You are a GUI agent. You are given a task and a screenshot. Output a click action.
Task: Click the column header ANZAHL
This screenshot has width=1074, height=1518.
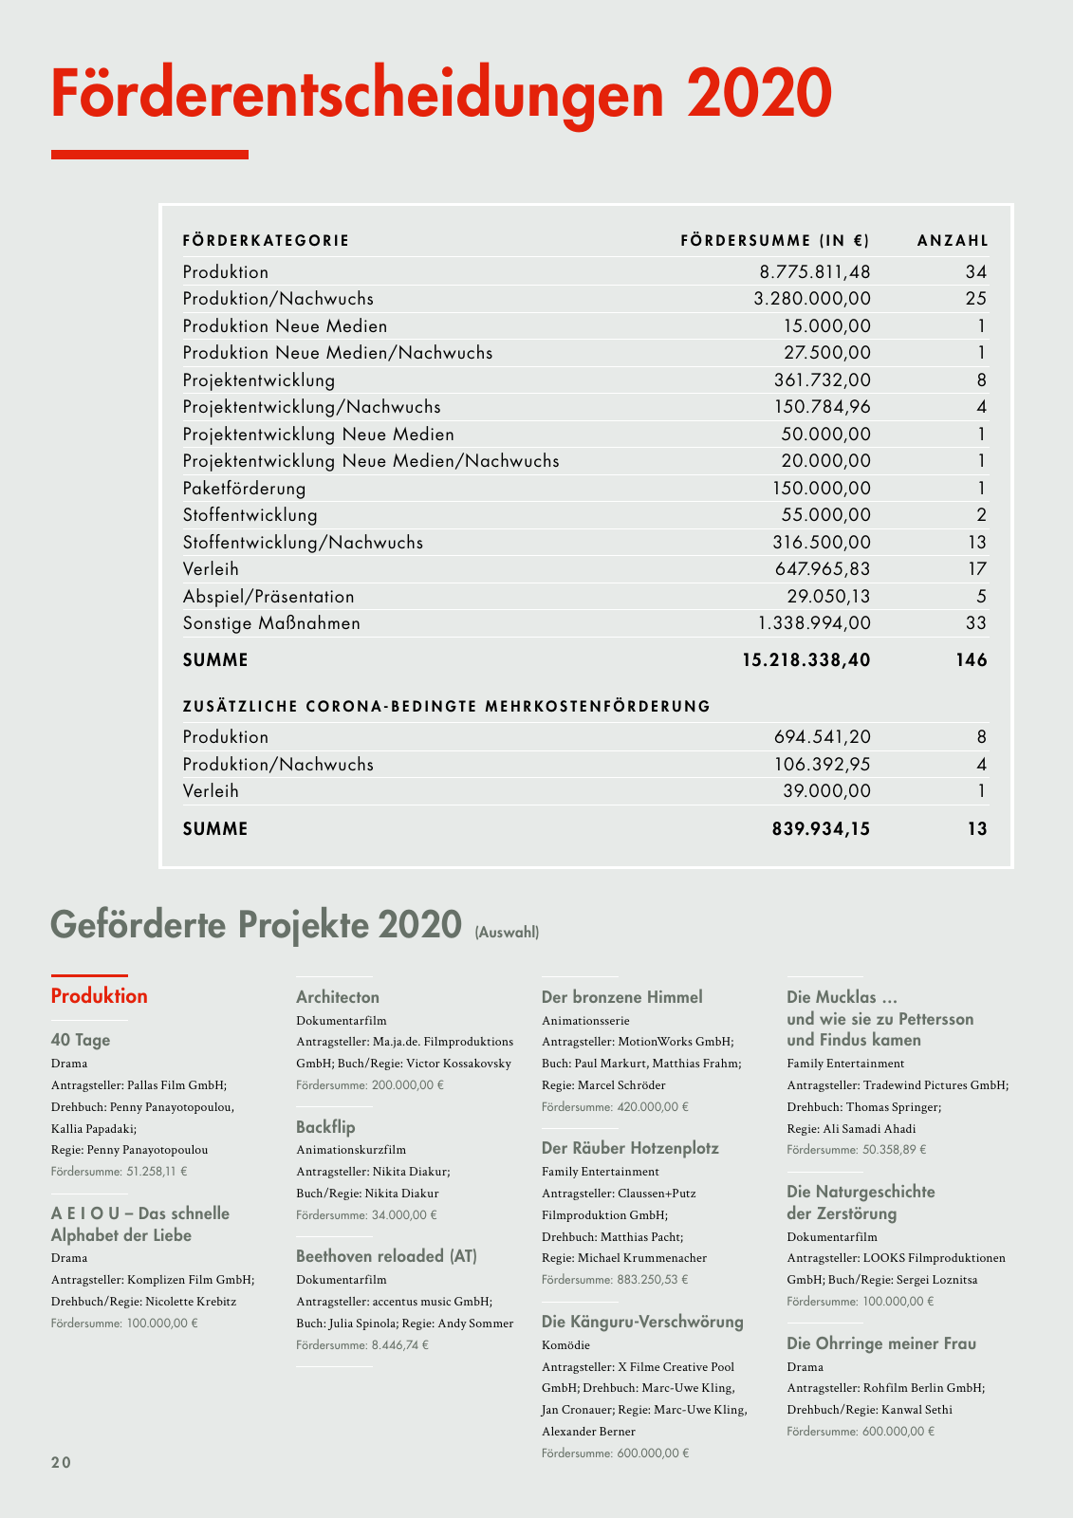click(x=952, y=241)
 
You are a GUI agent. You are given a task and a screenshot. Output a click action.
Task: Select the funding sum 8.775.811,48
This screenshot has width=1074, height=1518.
click(x=814, y=272)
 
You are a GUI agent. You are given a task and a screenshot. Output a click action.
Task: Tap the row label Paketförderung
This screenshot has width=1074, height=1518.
click(x=244, y=489)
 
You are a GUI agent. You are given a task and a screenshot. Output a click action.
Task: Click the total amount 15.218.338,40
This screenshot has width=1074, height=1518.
click(x=805, y=660)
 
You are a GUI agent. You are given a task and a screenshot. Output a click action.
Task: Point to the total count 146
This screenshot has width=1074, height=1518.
click(x=971, y=660)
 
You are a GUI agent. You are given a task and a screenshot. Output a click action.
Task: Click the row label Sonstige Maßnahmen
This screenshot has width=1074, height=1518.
click(x=271, y=623)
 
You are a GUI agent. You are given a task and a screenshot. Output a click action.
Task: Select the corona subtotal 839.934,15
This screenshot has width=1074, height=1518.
click(x=820, y=829)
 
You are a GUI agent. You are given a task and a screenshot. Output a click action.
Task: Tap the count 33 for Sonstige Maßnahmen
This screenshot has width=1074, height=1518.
click(x=975, y=623)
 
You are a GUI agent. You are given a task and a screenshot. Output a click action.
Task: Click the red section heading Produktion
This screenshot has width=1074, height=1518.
click(x=99, y=996)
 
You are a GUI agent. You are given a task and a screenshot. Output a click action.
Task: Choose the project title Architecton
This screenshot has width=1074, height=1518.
click(x=338, y=997)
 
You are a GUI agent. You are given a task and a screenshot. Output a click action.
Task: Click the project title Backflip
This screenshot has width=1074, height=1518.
click(x=325, y=1127)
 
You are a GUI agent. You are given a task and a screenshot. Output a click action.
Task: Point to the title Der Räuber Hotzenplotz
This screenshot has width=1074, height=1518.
click(x=630, y=1148)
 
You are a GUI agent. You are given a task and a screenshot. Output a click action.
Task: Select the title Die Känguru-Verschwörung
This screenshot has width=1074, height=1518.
click(x=642, y=1322)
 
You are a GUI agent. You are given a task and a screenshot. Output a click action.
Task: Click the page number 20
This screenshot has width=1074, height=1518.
click(x=61, y=1462)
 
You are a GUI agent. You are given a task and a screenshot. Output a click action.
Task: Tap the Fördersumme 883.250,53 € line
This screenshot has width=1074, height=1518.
click(x=615, y=1280)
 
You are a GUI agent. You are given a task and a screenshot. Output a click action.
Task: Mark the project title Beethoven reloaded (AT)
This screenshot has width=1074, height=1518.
click(x=386, y=1256)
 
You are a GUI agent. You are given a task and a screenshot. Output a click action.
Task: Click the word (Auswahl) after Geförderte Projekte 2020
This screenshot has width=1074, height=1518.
click(x=507, y=933)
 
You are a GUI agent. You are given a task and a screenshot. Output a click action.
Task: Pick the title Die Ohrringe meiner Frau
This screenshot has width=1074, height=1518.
click(x=881, y=1343)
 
